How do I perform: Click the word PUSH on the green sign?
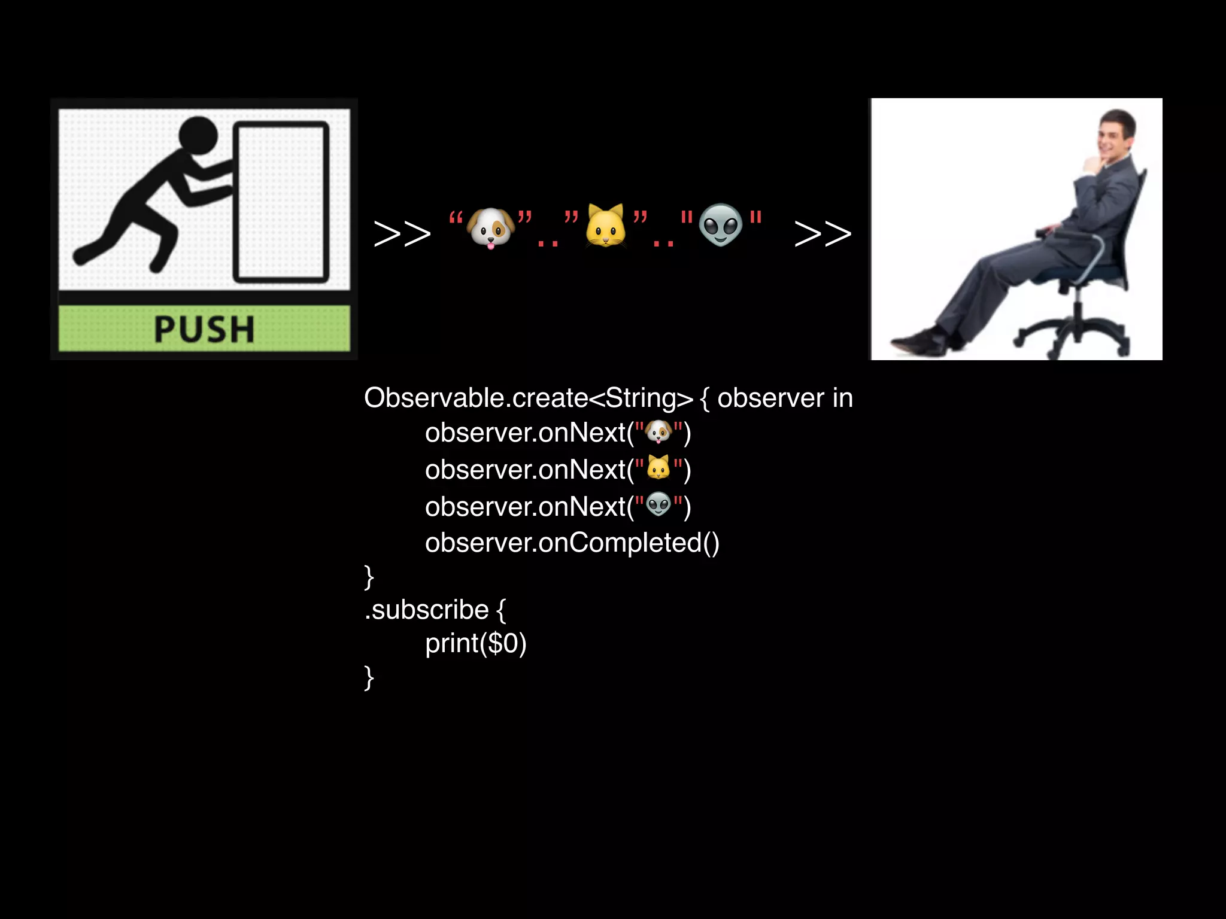pyautogui.click(x=204, y=329)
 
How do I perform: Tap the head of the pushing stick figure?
pyautogui.click(x=198, y=136)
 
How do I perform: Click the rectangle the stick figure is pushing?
pyautogui.click(x=281, y=202)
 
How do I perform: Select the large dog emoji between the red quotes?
pyautogui.click(x=490, y=228)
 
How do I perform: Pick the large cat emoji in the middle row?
pyautogui.click(x=606, y=226)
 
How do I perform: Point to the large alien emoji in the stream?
pyautogui.click(x=721, y=225)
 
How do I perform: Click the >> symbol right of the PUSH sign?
pyautogui.click(x=402, y=233)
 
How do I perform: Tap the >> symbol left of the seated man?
pyautogui.click(x=823, y=233)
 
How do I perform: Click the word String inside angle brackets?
pyautogui.click(x=641, y=398)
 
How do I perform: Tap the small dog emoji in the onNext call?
pyautogui.click(x=659, y=432)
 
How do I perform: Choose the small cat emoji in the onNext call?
pyautogui.click(x=658, y=468)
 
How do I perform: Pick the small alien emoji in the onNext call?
pyautogui.click(x=658, y=505)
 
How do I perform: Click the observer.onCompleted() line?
pyautogui.click(x=572, y=543)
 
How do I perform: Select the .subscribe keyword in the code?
pyautogui.click(x=427, y=610)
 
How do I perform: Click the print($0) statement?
pyautogui.click(x=475, y=644)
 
